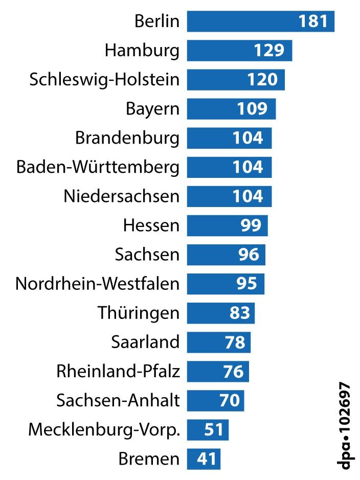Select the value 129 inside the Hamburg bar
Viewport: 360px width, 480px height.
(x=269, y=51)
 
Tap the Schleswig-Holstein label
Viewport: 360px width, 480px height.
(x=104, y=80)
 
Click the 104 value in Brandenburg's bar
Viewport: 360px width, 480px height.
(x=248, y=138)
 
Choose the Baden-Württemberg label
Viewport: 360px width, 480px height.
(x=98, y=167)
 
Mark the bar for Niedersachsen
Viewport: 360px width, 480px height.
(x=229, y=196)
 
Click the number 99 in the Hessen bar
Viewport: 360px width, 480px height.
(x=251, y=225)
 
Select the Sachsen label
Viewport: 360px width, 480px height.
(x=147, y=255)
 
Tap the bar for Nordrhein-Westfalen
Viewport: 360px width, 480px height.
(x=226, y=284)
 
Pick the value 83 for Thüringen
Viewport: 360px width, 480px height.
(x=239, y=313)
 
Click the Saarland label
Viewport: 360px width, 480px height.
(x=145, y=342)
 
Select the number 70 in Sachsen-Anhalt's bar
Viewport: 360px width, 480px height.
(x=230, y=400)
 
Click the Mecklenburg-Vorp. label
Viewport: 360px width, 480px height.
(x=104, y=430)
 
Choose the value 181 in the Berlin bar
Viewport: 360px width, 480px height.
(x=312, y=21)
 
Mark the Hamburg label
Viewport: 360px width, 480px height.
(x=142, y=51)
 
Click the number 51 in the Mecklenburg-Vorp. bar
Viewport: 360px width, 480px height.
(x=214, y=429)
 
